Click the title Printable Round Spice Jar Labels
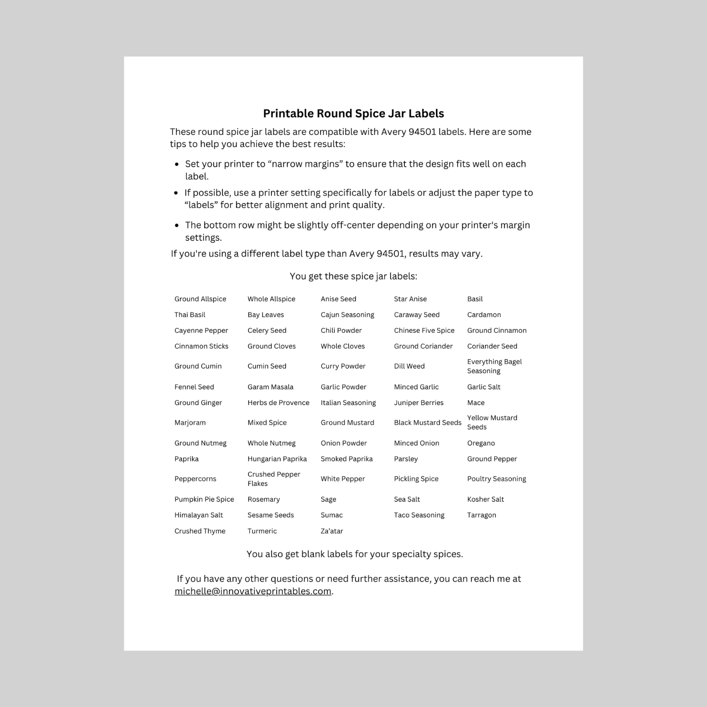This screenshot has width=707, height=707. [x=353, y=114]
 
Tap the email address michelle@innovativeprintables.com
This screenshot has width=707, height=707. [x=253, y=591]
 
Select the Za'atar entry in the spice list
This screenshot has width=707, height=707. [x=332, y=531]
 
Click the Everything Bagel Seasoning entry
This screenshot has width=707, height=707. [x=494, y=366]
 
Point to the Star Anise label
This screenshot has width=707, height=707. [x=410, y=299]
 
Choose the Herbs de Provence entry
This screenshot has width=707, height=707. [x=278, y=403]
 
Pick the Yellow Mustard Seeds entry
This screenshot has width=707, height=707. [x=492, y=422]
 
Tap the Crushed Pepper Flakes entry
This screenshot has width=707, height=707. [x=273, y=479]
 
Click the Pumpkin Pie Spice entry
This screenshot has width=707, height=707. [x=204, y=499]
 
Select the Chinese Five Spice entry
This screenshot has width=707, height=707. [x=424, y=330]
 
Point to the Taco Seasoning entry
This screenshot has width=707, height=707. [x=419, y=515]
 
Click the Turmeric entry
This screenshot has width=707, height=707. [x=262, y=531]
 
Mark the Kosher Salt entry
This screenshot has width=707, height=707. [x=485, y=499]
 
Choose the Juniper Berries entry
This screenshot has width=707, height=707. [x=419, y=403]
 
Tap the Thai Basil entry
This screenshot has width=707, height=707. [x=189, y=315]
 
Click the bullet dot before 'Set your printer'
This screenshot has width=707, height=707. [x=177, y=164]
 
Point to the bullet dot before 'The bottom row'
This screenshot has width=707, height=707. [x=177, y=226]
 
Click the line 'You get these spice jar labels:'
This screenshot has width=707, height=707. [x=353, y=276]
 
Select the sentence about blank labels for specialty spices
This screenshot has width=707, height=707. [x=354, y=554]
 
